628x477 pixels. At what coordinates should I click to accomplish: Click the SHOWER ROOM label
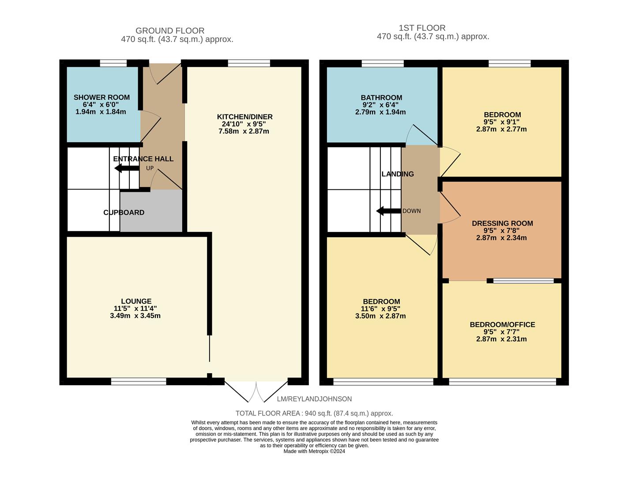point(102,97)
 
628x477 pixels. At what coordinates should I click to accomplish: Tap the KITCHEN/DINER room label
point(244,117)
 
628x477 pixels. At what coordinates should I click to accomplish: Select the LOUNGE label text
point(136,301)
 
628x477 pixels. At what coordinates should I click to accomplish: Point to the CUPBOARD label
point(124,212)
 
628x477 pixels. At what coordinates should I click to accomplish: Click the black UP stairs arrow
point(127,168)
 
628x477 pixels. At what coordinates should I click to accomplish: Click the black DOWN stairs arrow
point(388,211)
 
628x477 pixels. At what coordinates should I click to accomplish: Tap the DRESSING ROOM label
point(502,223)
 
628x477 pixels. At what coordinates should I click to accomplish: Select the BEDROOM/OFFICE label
point(502,325)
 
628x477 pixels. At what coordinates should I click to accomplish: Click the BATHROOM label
point(381,98)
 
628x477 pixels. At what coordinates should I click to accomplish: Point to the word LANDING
point(398,174)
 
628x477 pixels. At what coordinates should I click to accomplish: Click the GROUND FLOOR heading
point(170,30)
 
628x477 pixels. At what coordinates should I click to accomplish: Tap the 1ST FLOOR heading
point(422,28)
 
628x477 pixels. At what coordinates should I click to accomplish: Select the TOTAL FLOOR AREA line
point(314,413)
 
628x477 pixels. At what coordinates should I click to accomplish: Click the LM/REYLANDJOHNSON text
point(314,399)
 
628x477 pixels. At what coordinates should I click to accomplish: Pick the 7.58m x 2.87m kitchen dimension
point(244,132)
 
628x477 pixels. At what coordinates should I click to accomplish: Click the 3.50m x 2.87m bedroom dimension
point(380,316)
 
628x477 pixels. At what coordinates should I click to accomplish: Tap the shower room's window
point(113,63)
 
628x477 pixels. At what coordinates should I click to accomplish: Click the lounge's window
point(139,381)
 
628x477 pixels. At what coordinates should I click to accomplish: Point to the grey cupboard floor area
point(151,210)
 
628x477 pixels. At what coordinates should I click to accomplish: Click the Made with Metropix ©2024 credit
point(314,451)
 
